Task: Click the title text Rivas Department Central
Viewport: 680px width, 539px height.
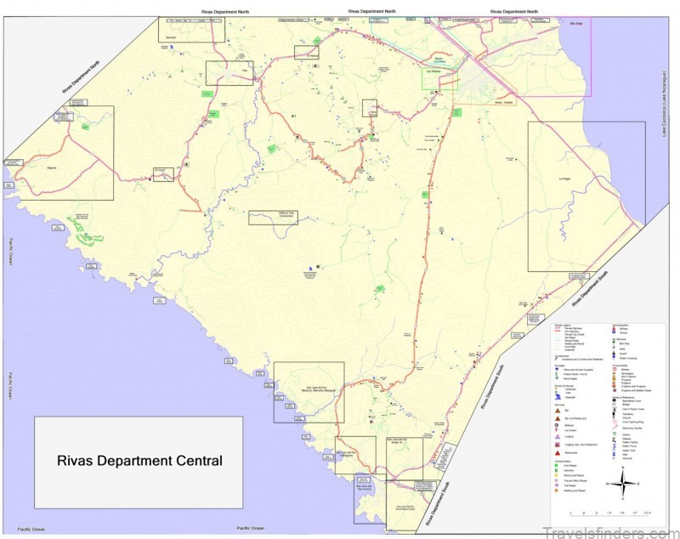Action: (x=139, y=462)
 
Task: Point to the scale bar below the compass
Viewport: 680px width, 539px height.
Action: (x=609, y=513)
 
